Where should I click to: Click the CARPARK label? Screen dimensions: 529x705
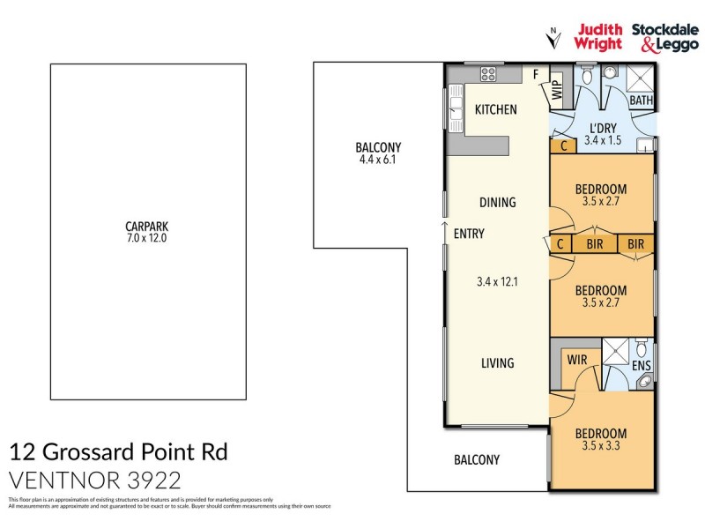(x=147, y=225)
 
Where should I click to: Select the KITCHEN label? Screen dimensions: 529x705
(x=495, y=110)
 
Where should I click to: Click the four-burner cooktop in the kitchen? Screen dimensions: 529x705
(x=487, y=73)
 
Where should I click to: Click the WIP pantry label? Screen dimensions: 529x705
(x=556, y=89)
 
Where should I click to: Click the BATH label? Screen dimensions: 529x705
(x=641, y=101)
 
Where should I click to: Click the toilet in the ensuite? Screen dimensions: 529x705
(x=642, y=346)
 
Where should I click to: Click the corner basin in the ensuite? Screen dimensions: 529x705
(x=645, y=382)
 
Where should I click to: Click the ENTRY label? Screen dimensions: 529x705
(x=468, y=235)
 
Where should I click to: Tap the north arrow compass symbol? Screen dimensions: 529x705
(x=553, y=37)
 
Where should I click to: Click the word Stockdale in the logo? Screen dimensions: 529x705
(x=664, y=29)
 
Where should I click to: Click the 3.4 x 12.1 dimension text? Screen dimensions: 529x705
(x=495, y=283)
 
